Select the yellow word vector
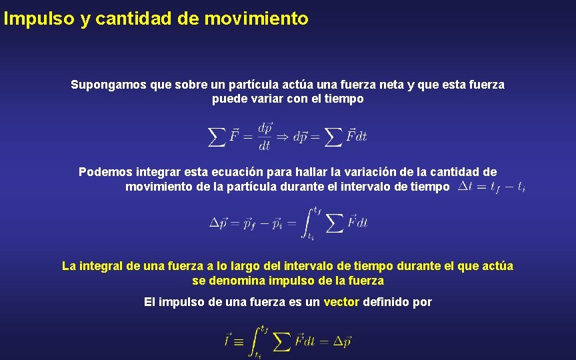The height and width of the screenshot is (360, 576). coord(341,302)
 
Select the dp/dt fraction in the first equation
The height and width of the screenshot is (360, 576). coord(265,136)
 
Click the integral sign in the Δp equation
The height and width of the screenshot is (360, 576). coord(309,223)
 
